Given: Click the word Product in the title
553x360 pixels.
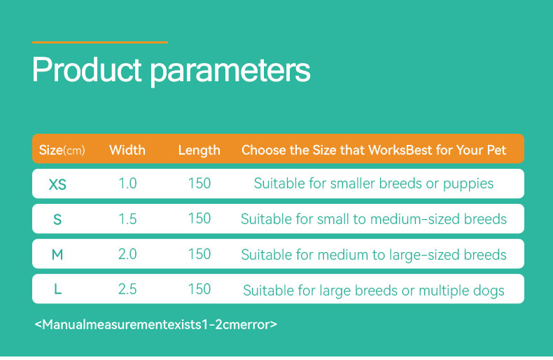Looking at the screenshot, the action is point(87,69).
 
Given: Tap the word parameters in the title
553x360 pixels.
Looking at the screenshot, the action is point(230,72).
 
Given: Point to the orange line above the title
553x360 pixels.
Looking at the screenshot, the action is point(100,42).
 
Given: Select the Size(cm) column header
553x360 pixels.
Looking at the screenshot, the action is point(62,151).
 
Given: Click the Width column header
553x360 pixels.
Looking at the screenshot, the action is point(127,150).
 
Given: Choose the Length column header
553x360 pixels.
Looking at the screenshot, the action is point(199,151).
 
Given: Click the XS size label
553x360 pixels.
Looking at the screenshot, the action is point(57,184).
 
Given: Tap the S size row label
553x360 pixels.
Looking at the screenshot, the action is point(57,219).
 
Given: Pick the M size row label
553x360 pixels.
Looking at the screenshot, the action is point(57,254).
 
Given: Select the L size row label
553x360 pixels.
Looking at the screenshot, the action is point(58,289).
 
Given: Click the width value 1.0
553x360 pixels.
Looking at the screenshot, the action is point(127,184).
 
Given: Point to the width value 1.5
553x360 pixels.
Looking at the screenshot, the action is point(127,219).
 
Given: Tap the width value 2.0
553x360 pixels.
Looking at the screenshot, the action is point(127,254).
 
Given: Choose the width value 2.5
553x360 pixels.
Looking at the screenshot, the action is point(127,289).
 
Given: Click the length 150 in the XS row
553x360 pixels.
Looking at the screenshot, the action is point(199,184).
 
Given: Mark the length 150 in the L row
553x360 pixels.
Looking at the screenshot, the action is point(199,289).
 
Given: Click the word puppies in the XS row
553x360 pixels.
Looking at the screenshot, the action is point(468,184).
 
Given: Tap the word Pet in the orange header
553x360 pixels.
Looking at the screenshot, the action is point(496,150).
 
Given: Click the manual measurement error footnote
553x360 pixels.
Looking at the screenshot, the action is point(156,324).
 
